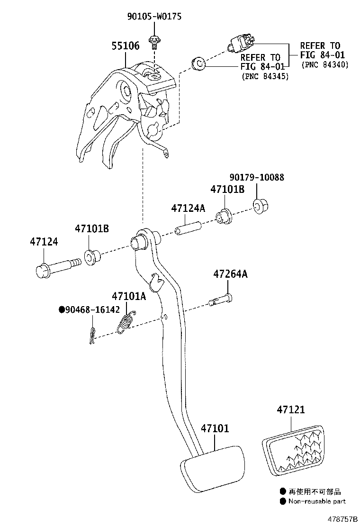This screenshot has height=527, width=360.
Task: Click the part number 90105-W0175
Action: [154, 17]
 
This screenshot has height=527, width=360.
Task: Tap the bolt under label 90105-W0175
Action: [154, 42]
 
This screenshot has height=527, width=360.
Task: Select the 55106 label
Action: [125, 46]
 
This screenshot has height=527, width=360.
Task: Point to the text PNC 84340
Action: [324, 65]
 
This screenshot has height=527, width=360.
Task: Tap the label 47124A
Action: [188, 208]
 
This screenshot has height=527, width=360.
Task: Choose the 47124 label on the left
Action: [44, 242]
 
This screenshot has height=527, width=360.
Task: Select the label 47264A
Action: [230, 274]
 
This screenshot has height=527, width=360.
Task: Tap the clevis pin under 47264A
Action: [221, 300]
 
